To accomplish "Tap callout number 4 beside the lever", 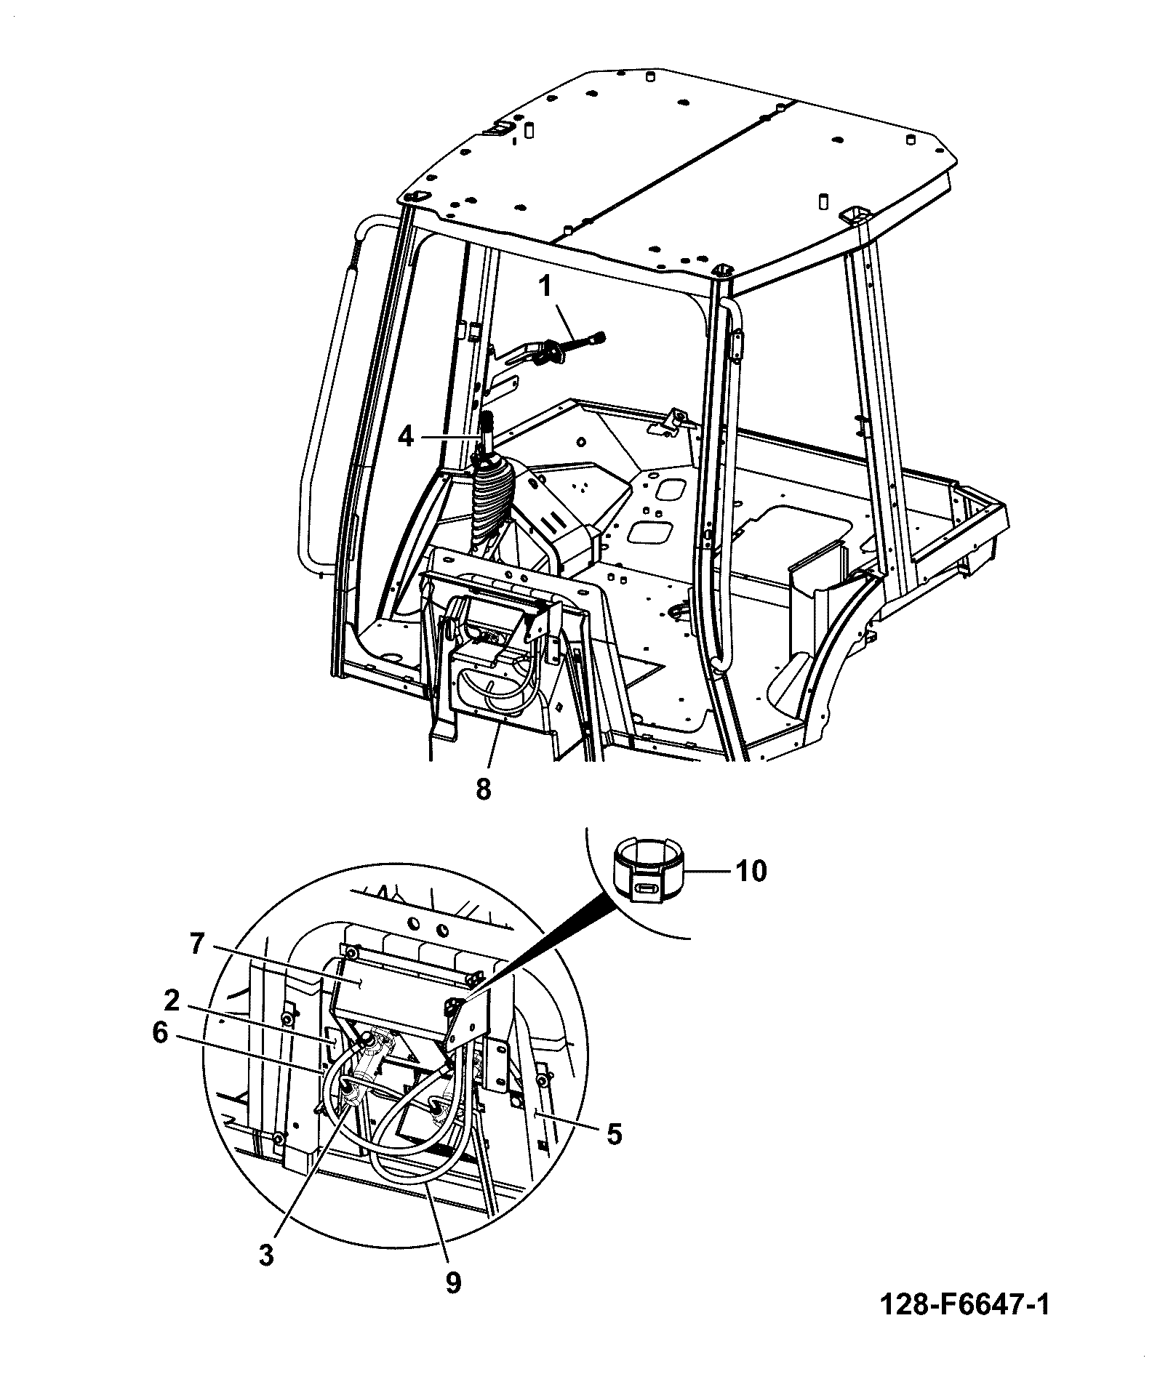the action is tap(406, 437).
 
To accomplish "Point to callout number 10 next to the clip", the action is tap(751, 870).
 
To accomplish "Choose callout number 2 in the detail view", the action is tap(171, 1003).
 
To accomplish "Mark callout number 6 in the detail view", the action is tap(160, 1034).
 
